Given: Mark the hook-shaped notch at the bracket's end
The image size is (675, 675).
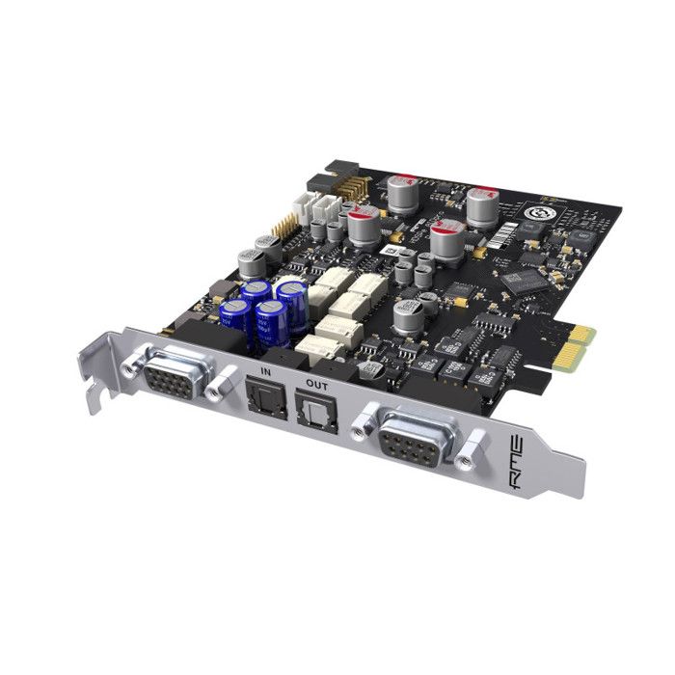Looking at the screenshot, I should [x=94, y=385].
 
